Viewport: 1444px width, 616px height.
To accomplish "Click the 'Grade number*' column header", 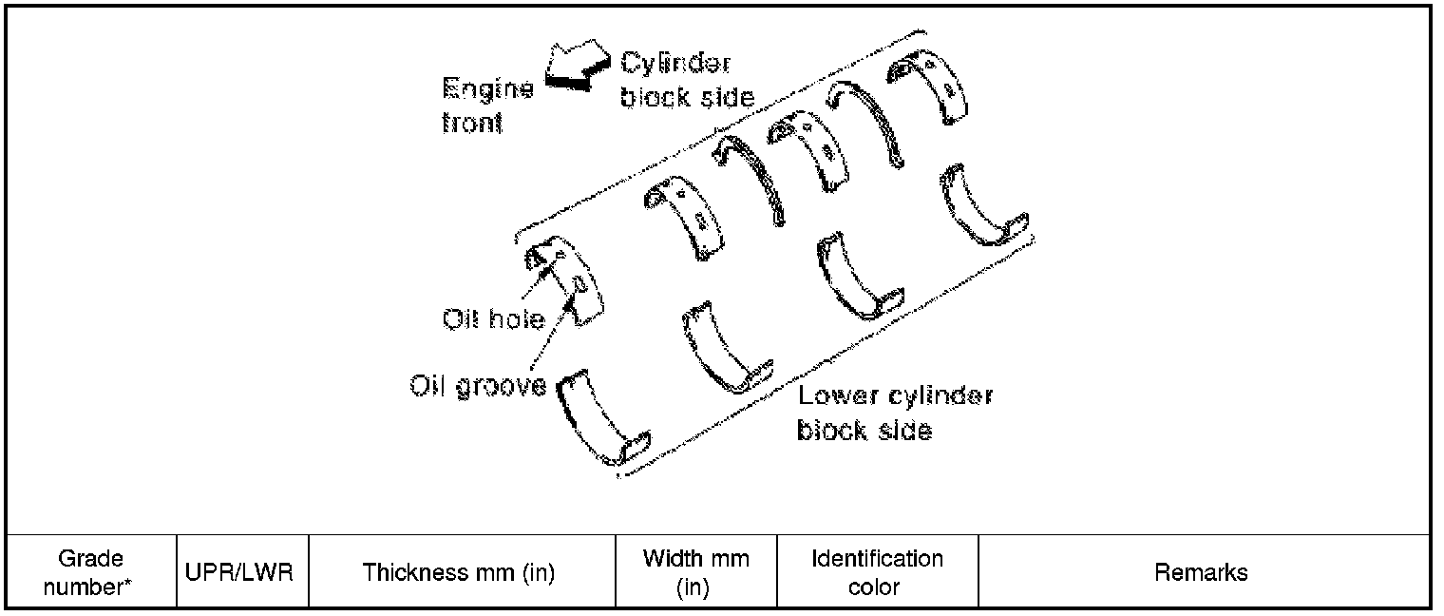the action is tap(90, 572).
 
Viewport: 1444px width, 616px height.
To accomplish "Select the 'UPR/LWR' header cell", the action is tap(239, 572).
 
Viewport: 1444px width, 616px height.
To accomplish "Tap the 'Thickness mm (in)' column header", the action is tap(458, 572).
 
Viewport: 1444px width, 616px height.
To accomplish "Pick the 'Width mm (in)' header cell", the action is tap(695, 572).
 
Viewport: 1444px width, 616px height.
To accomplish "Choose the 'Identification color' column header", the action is tap(877, 572).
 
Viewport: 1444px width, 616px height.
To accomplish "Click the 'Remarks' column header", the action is tap(1201, 572).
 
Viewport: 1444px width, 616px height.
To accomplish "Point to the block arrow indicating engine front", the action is tap(578, 66).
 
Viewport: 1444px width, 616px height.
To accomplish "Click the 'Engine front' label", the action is tap(487, 106).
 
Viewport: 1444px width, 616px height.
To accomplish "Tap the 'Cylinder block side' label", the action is tap(687, 80).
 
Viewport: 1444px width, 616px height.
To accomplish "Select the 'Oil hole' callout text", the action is tap(493, 319).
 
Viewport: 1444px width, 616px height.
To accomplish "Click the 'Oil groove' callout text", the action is tap(478, 386).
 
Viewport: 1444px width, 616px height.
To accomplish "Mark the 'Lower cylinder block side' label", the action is tap(895, 413).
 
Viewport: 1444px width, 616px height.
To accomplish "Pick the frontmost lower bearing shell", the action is tap(603, 418).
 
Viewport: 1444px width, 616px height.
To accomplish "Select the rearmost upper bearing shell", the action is tap(927, 87).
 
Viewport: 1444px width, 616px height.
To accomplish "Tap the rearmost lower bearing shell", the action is tap(983, 205).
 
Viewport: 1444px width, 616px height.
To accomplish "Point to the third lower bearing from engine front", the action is tap(860, 276).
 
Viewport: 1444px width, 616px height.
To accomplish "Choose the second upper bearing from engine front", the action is tap(684, 218).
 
